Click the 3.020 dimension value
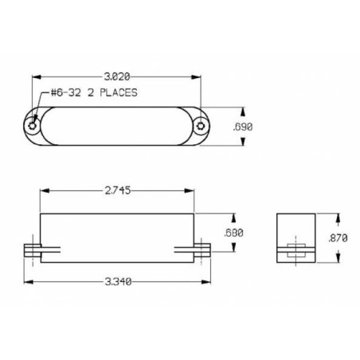pos(117,76)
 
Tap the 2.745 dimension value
pos(118,190)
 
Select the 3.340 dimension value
pos(118,281)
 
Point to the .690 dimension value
pos(243,127)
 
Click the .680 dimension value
pos(233,233)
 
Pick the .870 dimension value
pos(338,238)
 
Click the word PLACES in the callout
pos(119,92)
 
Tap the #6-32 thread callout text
pos(66,92)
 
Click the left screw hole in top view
pos(32,126)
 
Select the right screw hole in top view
pos(201,126)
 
